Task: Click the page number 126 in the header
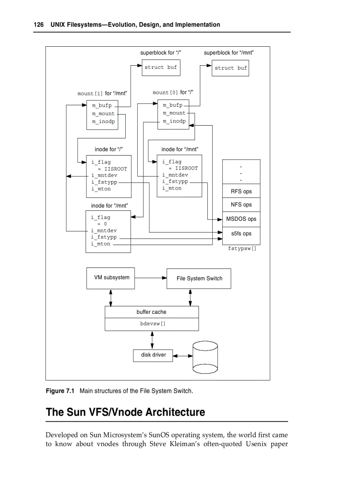click(x=39, y=25)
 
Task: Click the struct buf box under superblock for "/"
click(x=161, y=67)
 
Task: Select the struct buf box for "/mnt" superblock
click(x=230, y=68)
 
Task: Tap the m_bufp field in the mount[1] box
click(x=101, y=106)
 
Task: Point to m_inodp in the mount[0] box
click(x=174, y=121)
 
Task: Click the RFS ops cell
click(x=241, y=191)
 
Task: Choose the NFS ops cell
click(x=241, y=205)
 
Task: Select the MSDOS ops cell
click(x=241, y=219)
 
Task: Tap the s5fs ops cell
click(x=241, y=233)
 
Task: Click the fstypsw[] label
click(x=242, y=249)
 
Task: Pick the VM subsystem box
click(x=111, y=278)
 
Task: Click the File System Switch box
click(x=199, y=279)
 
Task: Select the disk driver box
click(x=153, y=355)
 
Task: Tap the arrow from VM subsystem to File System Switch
click(x=150, y=278)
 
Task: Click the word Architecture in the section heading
click(x=175, y=413)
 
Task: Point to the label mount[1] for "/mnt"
click(x=102, y=93)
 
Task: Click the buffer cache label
click(x=151, y=312)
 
